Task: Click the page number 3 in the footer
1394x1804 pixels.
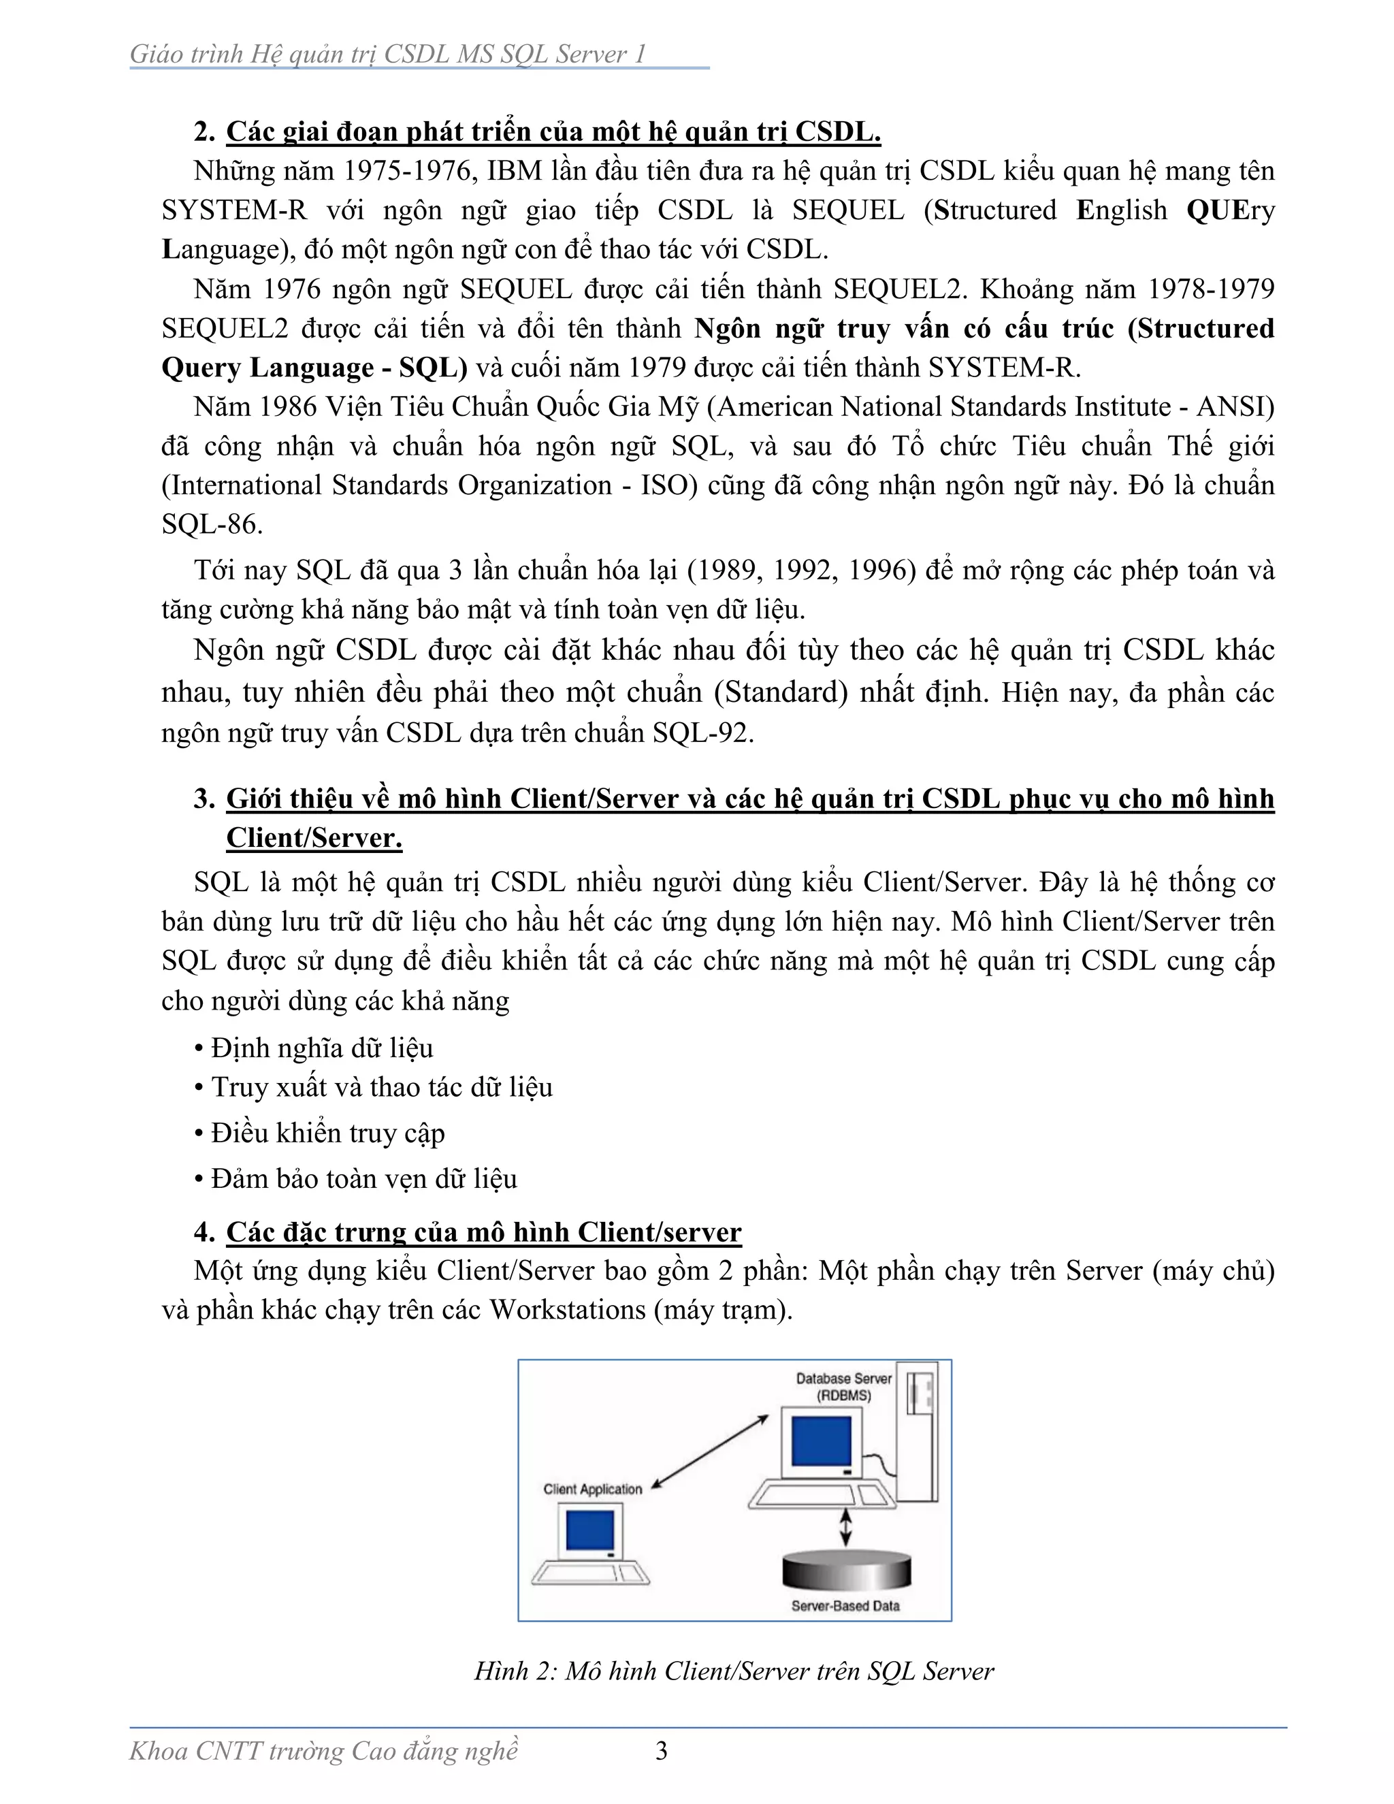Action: (x=661, y=1750)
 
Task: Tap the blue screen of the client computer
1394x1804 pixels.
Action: (x=589, y=1530)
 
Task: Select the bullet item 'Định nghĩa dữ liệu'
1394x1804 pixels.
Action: (x=321, y=1048)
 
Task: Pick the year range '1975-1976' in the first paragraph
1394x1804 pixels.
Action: (x=406, y=171)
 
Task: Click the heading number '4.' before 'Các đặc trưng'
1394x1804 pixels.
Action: (x=204, y=1231)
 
